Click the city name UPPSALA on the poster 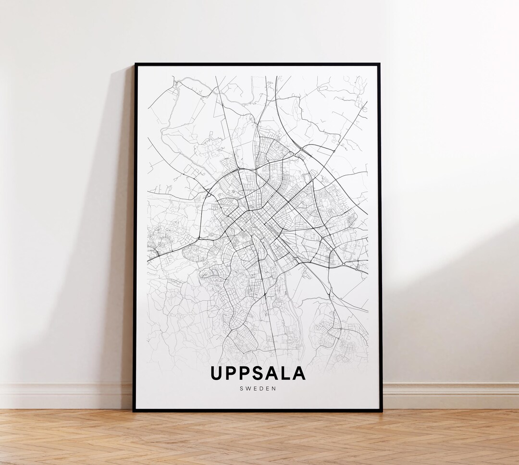(x=258, y=374)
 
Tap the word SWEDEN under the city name (x=258, y=389)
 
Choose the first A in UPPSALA (x=272, y=374)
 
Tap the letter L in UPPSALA (x=286, y=374)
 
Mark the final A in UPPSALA (x=298, y=374)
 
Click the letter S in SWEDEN (x=241, y=389)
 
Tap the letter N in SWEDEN (x=275, y=389)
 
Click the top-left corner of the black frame (x=135, y=64)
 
